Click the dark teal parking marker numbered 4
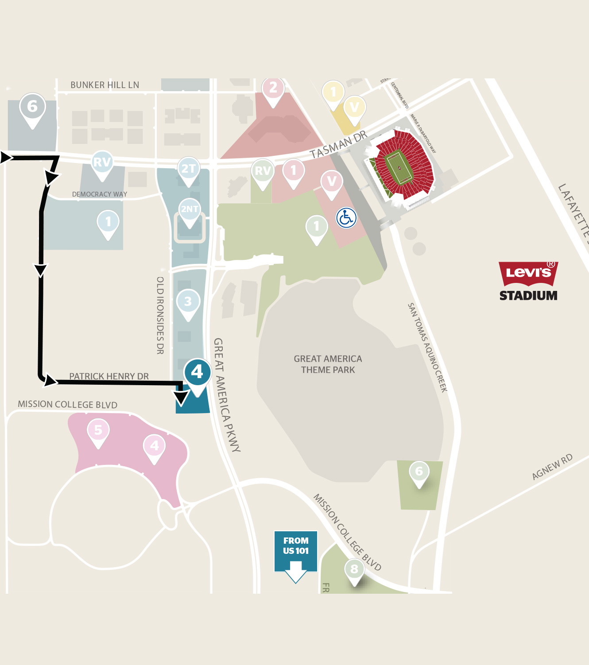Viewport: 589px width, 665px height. [x=197, y=372]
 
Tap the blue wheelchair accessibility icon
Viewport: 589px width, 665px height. [x=346, y=218]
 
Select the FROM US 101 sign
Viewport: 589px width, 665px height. [x=295, y=551]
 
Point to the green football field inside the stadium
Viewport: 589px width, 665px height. [x=399, y=168]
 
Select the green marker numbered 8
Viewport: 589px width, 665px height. [x=354, y=569]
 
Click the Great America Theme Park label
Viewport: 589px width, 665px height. [x=328, y=364]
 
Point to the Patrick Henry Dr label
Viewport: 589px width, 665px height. [x=109, y=376]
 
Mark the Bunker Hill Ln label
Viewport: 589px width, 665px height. [x=105, y=85]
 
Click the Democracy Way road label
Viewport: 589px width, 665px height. [x=100, y=194]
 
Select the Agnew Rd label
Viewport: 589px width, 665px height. [x=552, y=467]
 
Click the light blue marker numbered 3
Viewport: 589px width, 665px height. [x=188, y=302]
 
